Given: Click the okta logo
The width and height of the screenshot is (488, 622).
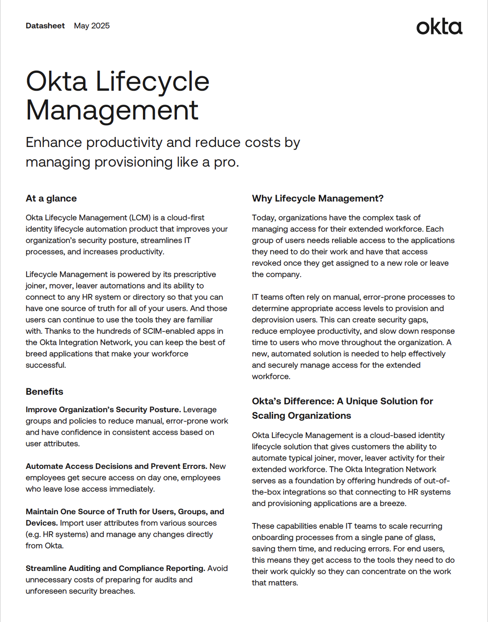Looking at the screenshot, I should tap(439, 27).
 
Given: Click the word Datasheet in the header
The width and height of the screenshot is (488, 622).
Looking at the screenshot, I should tap(45, 26).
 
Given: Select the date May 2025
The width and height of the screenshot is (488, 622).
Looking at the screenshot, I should tap(92, 26).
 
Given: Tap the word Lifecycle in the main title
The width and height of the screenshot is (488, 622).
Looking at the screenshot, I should tap(152, 82).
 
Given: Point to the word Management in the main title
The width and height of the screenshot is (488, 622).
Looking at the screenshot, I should tap(112, 110).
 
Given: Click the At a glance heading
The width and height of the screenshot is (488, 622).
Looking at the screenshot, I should tap(51, 198).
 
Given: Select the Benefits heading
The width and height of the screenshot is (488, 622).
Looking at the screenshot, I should tap(44, 392).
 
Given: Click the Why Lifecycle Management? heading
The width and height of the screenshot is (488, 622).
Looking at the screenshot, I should tap(318, 198).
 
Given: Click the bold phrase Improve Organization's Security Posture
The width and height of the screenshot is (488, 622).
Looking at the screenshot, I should tap(103, 410).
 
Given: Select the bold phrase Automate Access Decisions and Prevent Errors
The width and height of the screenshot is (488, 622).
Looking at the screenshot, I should tap(116, 466).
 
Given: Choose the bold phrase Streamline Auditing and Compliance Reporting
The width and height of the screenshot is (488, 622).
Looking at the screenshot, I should tap(115, 568).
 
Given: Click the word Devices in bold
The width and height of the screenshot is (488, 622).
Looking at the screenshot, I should tap(41, 523).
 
